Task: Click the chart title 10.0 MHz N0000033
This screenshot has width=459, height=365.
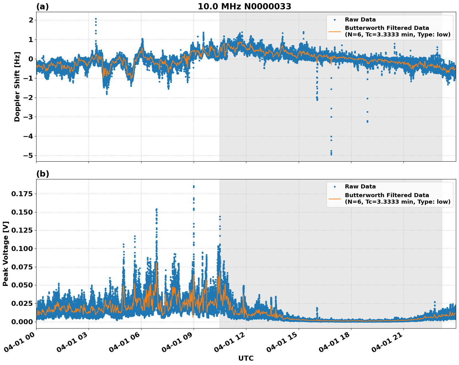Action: coord(244,7)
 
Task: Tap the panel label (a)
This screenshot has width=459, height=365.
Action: coord(42,7)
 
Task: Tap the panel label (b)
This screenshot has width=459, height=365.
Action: coord(43,174)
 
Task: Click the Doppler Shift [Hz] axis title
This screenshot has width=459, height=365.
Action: coord(17,87)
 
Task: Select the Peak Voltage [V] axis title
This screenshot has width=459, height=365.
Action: coord(6,254)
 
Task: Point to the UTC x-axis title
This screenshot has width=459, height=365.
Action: coord(246,358)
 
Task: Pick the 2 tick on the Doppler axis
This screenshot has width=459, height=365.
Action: coord(31,20)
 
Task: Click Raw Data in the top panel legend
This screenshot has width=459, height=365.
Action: coord(360,20)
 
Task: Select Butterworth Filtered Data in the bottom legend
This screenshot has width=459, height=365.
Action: coord(387,195)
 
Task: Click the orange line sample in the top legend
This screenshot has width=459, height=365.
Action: coord(335,31)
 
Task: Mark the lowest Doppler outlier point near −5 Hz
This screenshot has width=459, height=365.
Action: coord(331,154)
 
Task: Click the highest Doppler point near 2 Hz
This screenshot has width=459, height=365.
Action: coord(96,19)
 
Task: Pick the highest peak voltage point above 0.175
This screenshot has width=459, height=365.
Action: coord(194,186)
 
